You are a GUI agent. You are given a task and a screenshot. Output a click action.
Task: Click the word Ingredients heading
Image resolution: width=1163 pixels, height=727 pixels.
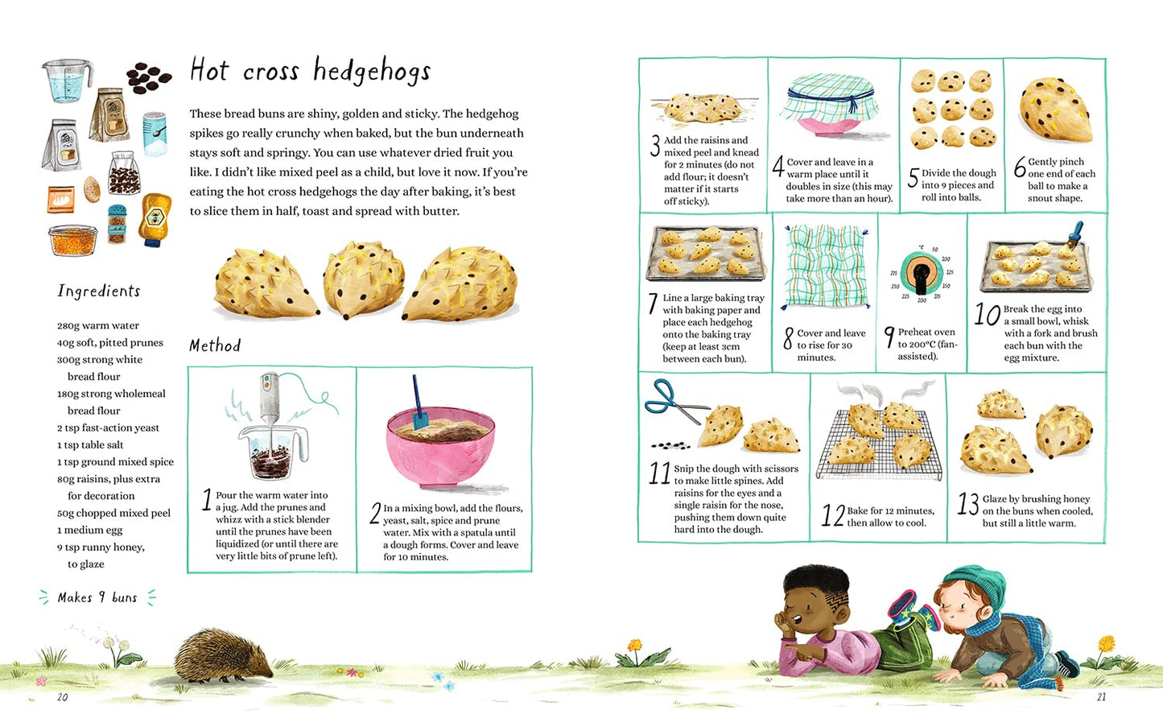click(x=99, y=291)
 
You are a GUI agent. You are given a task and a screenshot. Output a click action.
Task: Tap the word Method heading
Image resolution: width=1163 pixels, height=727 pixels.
click(x=215, y=345)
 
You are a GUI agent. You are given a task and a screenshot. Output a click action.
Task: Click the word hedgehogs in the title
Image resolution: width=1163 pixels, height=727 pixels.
click(x=372, y=72)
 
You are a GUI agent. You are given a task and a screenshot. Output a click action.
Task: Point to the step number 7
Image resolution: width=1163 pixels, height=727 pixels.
click(x=653, y=304)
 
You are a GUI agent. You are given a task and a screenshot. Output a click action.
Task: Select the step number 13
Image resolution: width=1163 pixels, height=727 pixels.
click(x=967, y=505)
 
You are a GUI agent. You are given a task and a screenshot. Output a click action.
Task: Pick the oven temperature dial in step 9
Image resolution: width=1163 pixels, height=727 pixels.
click(x=921, y=274)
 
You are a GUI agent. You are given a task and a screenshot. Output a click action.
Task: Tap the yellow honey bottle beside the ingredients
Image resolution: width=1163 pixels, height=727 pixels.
click(x=154, y=218)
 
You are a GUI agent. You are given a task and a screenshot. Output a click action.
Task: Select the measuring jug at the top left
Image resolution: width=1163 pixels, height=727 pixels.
click(x=67, y=81)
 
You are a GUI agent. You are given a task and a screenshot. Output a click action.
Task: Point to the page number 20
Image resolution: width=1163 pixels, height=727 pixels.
click(x=63, y=697)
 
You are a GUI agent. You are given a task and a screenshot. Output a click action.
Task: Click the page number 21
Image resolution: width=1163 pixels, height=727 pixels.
click(x=1101, y=697)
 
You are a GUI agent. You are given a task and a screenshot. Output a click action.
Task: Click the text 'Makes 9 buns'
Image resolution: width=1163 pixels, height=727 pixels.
click(x=97, y=597)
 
